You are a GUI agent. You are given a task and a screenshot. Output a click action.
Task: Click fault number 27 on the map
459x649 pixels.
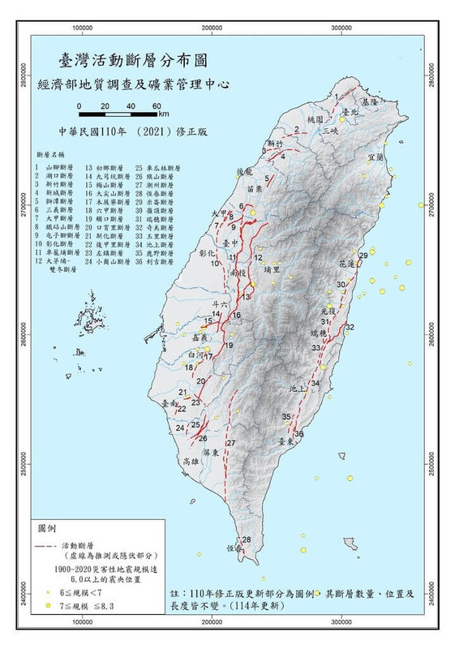[230, 443]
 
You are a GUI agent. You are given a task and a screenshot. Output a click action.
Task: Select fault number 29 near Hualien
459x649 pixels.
[362, 256]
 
